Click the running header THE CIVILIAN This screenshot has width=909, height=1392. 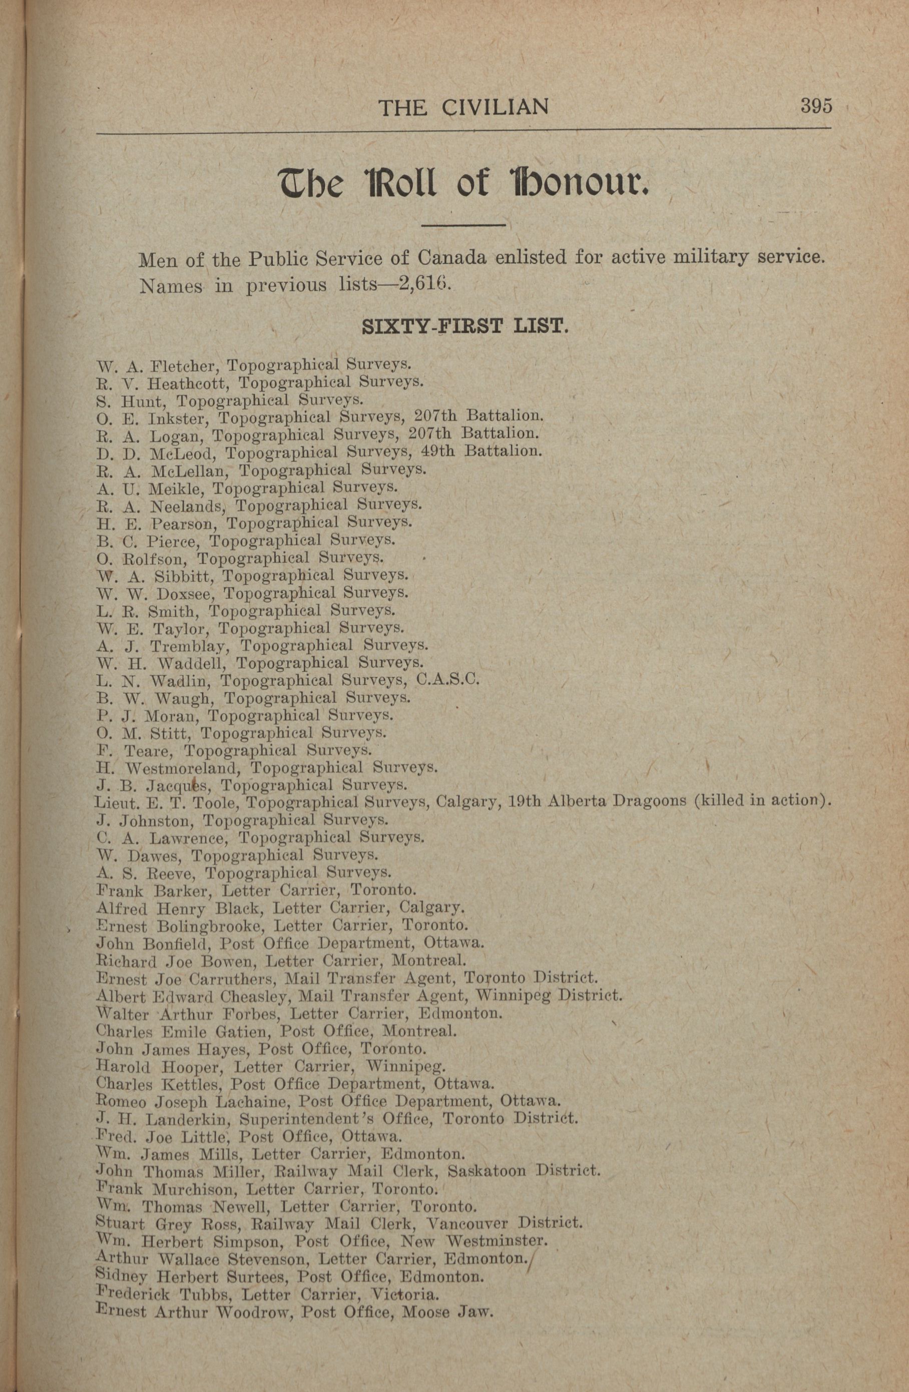click(x=464, y=107)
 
